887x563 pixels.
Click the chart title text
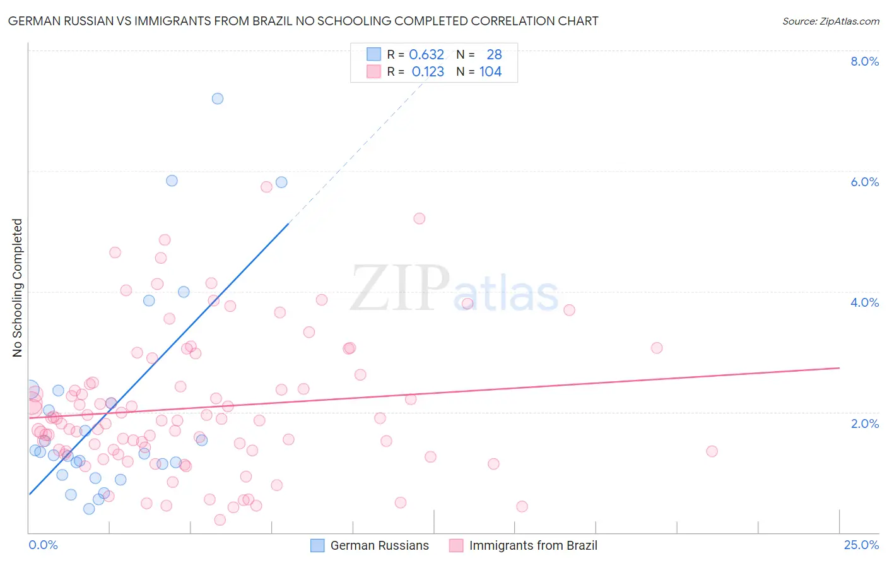(x=303, y=21)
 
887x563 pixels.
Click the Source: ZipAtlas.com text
(x=830, y=21)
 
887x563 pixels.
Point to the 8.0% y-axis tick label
(x=864, y=61)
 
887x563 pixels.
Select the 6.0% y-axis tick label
(x=864, y=182)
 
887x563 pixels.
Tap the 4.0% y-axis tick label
(x=864, y=302)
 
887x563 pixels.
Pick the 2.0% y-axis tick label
(x=864, y=424)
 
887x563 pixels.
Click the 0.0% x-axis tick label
(x=43, y=545)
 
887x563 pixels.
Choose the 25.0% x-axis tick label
(x=861, y=545)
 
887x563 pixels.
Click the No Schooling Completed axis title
(x=18, y=288)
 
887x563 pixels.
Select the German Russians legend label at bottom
(x=379, y=545)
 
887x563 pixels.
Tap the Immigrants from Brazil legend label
(x=533, y=545)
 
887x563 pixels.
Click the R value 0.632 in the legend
(x=426, y=55)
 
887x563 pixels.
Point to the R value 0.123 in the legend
(x=428, y=72)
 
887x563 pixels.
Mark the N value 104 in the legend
(x=490, y=72)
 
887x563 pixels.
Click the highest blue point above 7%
(x=218, y=98)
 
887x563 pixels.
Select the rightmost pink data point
(x=712, y=451)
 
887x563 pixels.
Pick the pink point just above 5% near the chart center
(x=420, y=218)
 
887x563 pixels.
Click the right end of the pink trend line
(x=839, y=367)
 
